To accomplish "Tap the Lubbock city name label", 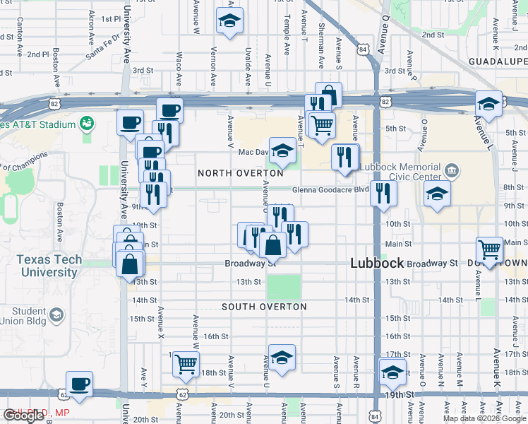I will (377, 263).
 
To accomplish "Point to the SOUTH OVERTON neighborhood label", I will (264, 307).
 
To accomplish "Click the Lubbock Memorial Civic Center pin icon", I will (452, 171).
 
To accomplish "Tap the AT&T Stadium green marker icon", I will (87, 124).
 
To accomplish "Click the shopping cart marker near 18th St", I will (186, 364).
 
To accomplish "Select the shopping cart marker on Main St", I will (490, 249).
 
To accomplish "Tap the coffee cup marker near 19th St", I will (80, 384).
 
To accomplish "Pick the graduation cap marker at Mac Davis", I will (282, 150).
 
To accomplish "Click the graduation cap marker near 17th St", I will (282, 358).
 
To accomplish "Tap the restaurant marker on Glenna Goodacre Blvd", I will (383, 192).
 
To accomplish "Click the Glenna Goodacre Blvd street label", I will (331, 189).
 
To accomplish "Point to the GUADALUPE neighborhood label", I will (498, 62).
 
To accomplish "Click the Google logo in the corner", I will (23, 416).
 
